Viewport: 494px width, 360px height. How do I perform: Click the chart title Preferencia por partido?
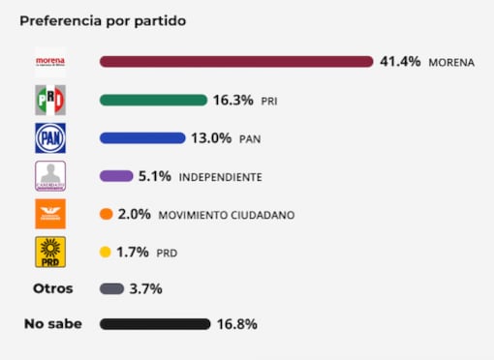click(x=104, y=20)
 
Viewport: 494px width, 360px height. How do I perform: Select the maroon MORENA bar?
click(x=236, y=62)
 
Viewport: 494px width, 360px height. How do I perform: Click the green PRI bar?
click(x=153, y=100)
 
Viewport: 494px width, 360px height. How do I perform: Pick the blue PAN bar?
click(x=141, y=137)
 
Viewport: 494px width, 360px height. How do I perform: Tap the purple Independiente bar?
click(x=116, y=176)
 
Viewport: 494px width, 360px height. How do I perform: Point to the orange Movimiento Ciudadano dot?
click(x=106, y=214)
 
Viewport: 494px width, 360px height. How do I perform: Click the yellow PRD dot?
click(x=105, y=253)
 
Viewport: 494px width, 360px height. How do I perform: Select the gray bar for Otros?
click(x=111, y=288)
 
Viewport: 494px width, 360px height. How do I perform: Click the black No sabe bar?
click(x=155, y=324)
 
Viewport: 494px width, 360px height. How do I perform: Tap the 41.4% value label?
click(x=400, y=62)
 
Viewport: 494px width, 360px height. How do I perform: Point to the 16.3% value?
click(x=234, y=100)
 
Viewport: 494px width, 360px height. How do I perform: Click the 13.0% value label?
click(x=211, y=137)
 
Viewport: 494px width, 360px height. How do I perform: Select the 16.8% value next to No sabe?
click(x=237, y=324)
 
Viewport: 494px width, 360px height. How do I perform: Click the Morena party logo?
click(x=49, y=62)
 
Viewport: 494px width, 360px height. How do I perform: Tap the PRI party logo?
click(x=49, y=100)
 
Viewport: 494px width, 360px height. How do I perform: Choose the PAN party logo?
click(x=49, y=137)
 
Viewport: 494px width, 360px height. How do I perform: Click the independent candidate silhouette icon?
click(x=49, y=176)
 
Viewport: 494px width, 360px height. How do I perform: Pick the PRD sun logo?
click(x=49, y=253)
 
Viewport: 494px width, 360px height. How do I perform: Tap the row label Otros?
click(x=52, y=288)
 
